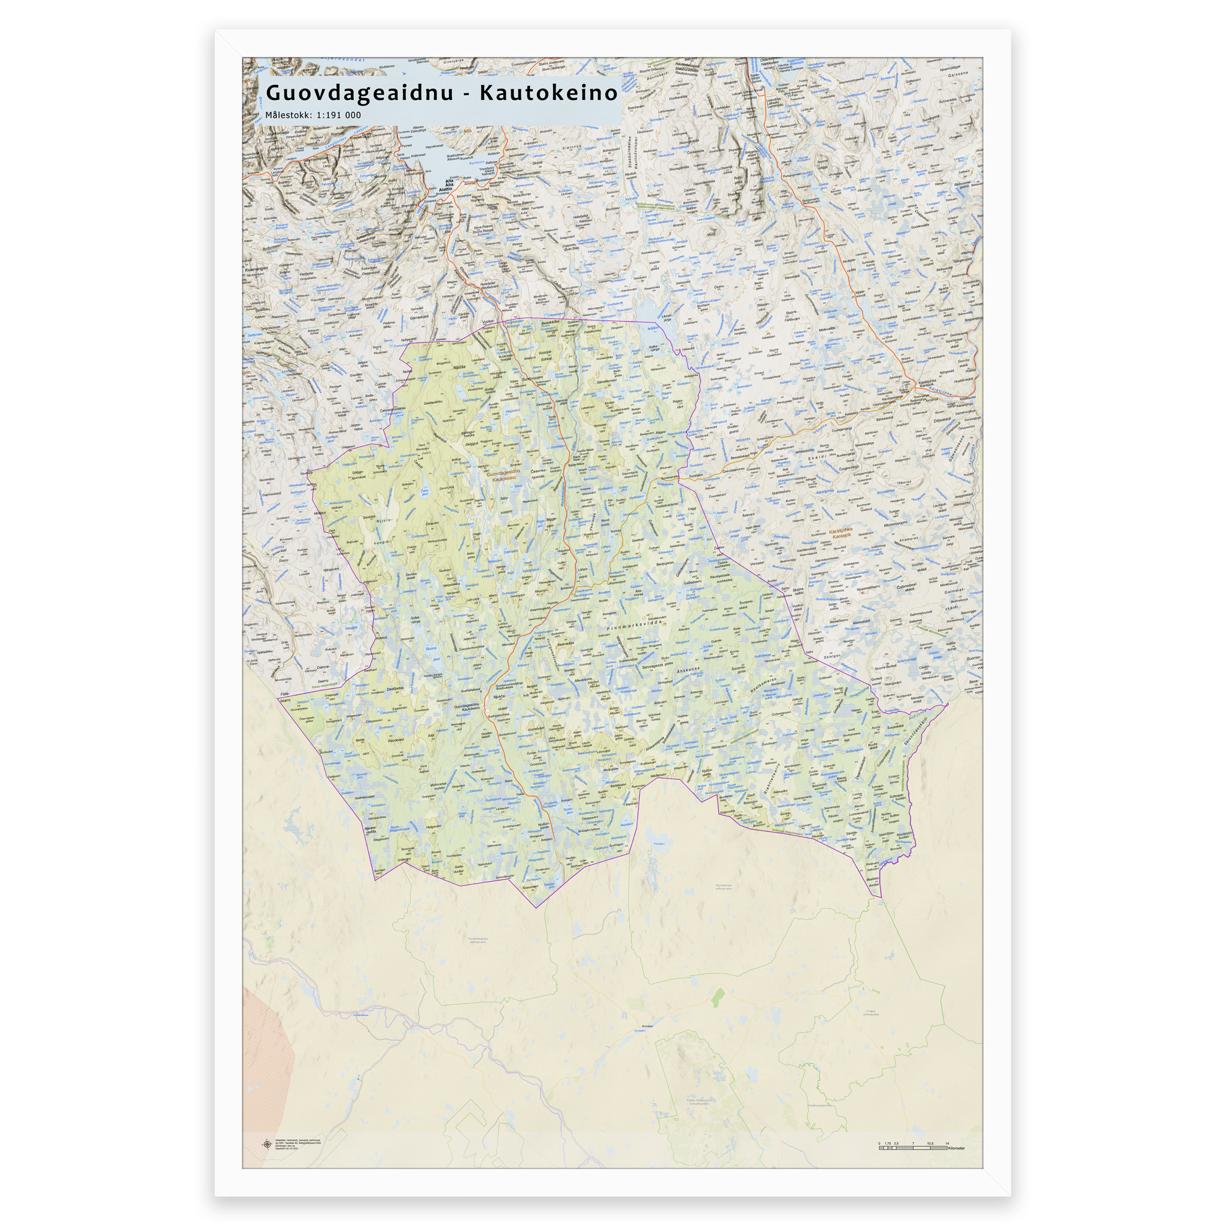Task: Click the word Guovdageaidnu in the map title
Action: [360, 93]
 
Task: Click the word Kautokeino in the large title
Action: [548, 93]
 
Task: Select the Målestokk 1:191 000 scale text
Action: [313, 115]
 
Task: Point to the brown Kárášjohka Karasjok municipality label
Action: [841, 533]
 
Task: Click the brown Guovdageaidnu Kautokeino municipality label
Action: [503, 475]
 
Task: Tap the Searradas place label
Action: [565, 644]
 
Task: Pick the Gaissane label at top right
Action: [958, 74]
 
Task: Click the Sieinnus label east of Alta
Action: [571, 147]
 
